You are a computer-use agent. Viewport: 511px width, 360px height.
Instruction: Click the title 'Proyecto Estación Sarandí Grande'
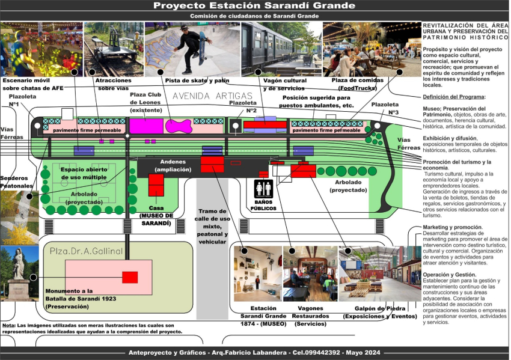[254, 6]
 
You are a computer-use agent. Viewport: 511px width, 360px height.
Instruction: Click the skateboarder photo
[191, 49]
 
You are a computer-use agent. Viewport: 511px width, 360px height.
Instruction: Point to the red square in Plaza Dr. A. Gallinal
[130, 277]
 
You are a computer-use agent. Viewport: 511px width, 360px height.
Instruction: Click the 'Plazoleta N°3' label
[385, 108]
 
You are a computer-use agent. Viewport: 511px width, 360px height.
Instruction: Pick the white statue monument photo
[19, 273]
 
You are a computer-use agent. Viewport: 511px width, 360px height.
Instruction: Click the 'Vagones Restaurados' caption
[311, 316]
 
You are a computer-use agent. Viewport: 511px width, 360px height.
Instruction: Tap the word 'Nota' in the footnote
[8, 325]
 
